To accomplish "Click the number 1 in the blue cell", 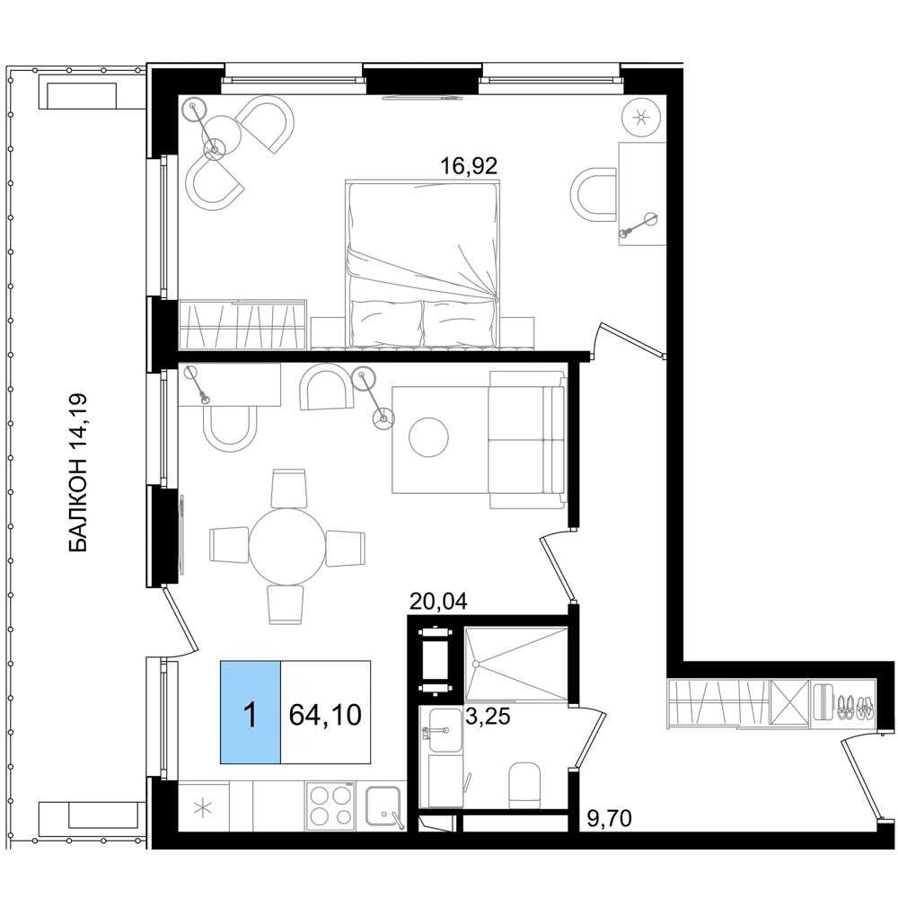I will (251, 715).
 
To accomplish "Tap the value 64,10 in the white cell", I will (325, 715).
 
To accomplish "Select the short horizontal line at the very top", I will (424, 97).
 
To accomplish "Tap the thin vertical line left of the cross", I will (183, 537).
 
